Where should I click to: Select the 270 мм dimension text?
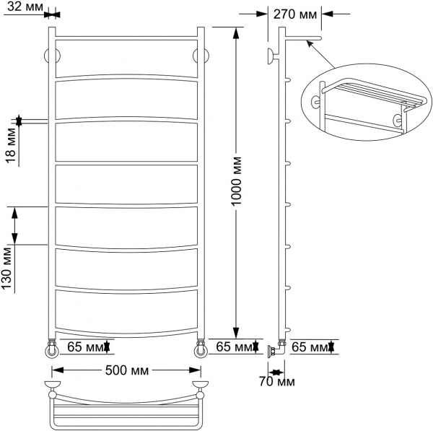click(295, 12)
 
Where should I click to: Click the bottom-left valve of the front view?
click(52, 349)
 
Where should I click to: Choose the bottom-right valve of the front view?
click(200, 349)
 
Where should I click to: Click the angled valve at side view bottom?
click(275, 350)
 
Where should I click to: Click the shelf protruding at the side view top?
click(303, 38)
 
